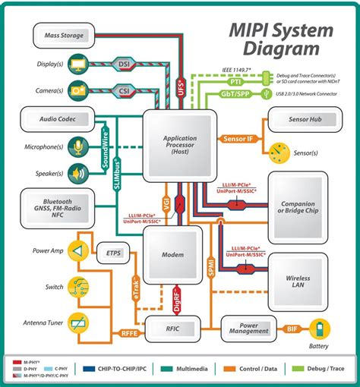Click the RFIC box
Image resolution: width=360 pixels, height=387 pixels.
[x=174, y=328]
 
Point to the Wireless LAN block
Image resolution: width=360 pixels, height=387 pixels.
[x=298, y=282]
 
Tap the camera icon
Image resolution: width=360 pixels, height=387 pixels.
[x=77, y=90]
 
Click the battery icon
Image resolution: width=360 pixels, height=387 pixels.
[x=324, y=329]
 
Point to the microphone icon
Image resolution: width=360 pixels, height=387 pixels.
[x=77, y=146]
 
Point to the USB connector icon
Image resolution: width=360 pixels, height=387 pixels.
[x=266, y=95]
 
